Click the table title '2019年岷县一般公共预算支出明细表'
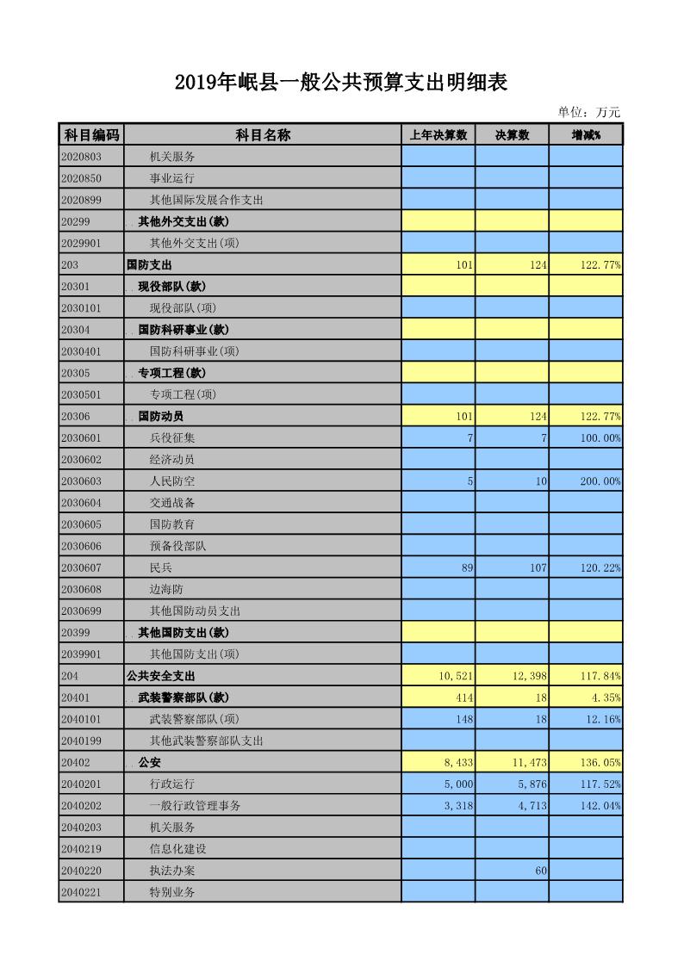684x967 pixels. tap(341, 83)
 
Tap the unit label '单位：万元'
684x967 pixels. tap(588, 112)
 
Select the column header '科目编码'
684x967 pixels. tap(91, 135)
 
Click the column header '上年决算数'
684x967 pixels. tap(438, 135)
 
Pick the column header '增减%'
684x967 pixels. tap(586, 135)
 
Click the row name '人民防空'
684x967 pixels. tap(172, 481)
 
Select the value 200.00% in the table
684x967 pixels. tap(600, 481)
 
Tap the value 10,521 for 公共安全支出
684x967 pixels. tap(456, 676)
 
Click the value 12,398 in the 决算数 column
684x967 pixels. tap(529, 676)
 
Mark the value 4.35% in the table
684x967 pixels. tap(606, 697)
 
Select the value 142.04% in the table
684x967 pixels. tap(600, 805)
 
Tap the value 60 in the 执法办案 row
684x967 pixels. tap(540, 871)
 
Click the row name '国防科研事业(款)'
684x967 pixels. tap(183, 330)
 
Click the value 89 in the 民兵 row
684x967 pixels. tap(466, 567)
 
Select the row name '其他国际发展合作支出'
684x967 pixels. tap(206, 200)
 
